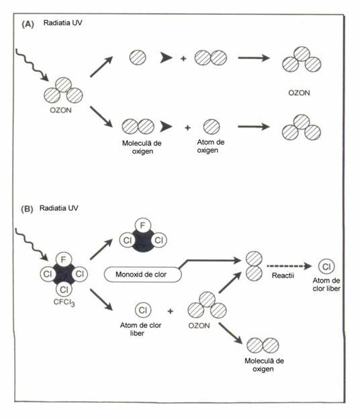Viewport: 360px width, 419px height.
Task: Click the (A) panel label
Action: click(x=28, y=24)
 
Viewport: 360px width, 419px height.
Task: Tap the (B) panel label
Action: click(x=27, y=209)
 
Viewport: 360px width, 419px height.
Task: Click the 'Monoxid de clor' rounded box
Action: click(x=142, y=275)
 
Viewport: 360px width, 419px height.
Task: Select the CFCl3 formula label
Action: click(x=64, y=302)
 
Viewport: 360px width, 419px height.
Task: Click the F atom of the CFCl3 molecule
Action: click(x=63, y=260)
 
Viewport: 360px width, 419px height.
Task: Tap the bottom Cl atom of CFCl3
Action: click(x=64, y=289)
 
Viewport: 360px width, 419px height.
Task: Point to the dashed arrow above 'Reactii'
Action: click(x=289, y=266)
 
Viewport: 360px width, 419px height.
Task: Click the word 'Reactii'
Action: click(x=283, y=275)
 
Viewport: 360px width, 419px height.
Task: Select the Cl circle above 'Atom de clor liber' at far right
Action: click(x=326, y=267)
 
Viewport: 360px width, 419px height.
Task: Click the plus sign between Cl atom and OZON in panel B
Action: click(x=170, y=311)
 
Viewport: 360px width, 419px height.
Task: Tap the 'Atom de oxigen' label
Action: click(x=211, y=146)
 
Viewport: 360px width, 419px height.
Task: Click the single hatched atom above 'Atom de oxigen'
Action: click(x=212, y=127)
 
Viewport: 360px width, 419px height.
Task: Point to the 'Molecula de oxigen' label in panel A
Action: click(x=142, y=147)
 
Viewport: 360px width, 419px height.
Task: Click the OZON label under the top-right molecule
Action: click(x=299, y=93)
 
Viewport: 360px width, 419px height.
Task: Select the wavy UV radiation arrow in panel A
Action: click(x=32, y=65)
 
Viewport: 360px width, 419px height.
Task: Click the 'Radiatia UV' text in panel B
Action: click(x=59, y=208)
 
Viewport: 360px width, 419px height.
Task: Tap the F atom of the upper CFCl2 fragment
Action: click(x=142, y=226)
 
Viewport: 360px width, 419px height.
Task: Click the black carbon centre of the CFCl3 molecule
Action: click(x=64, y=275)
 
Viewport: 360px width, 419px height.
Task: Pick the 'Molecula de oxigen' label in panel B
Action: click(x=264, y=365)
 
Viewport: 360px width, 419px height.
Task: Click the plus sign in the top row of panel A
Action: click(x=183, y=58)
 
